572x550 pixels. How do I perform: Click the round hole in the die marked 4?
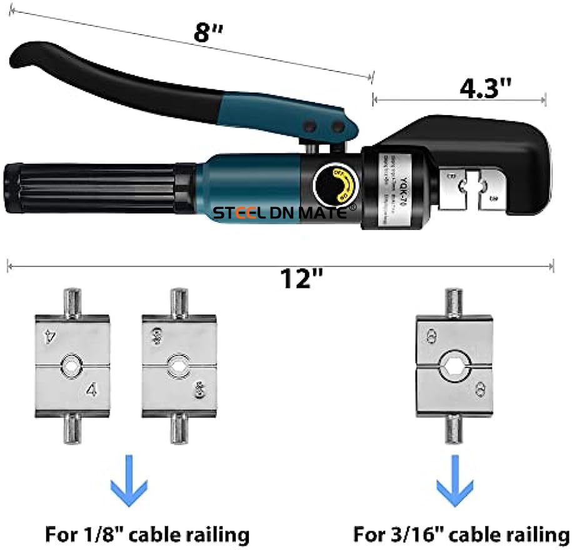pos(71,364)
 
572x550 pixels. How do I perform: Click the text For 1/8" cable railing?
pos(148,535)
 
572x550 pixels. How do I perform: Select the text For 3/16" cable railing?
pos(461,535)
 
